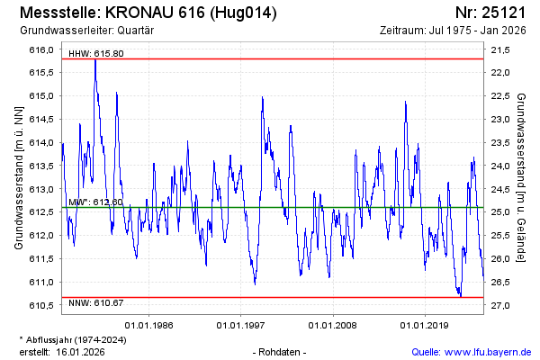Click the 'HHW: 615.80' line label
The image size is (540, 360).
(x=96, y=54)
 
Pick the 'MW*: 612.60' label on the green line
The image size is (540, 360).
(x=95, y=202)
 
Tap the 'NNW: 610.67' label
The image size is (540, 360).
(x=96, y=303)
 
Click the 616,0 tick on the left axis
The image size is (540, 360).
(x=41, y=49)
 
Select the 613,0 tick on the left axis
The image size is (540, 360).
(x=41, y=189)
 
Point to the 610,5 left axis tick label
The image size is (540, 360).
(x=41, y=306)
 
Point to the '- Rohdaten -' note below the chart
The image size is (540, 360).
(x=281, y=351)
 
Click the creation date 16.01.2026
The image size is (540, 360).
(x=81, y=352)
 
